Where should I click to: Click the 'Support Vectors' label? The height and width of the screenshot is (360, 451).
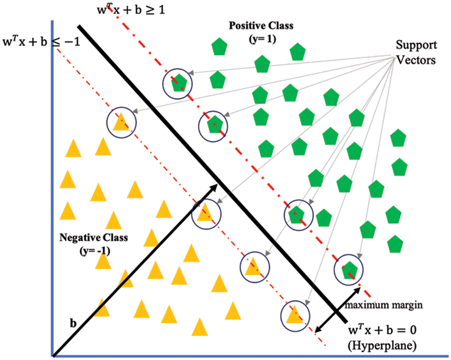pos(416,52)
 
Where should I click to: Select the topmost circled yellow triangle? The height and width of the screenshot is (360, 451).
pos(122,122)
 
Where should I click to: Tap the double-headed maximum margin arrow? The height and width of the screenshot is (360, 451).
pos(337,309)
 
